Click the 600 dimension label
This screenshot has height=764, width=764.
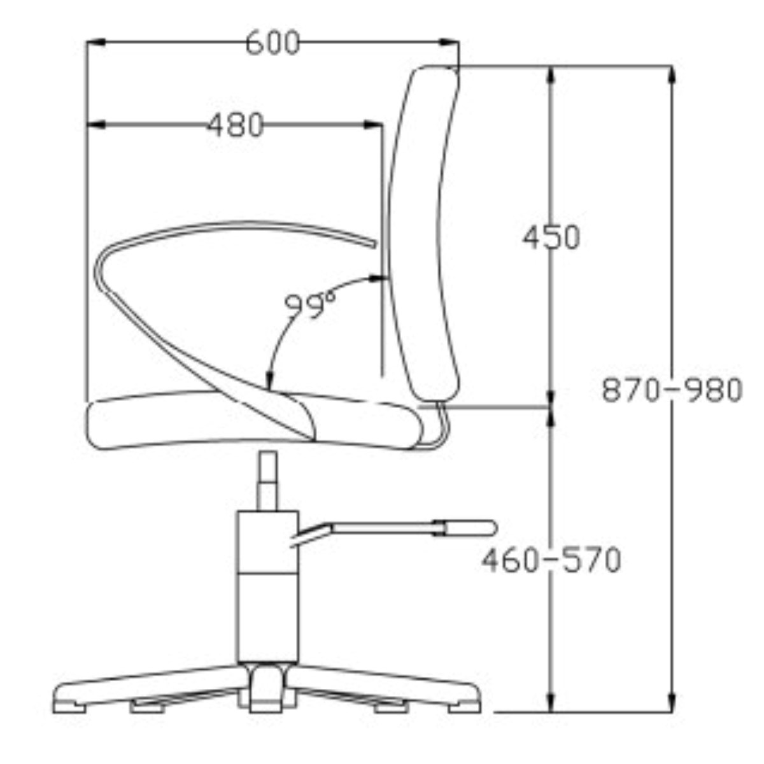(272, 43)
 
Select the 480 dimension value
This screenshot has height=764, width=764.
(236, 125)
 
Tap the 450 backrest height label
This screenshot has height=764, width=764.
(551, 238)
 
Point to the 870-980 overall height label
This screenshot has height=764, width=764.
(672, 390)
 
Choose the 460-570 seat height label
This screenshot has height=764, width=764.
(551, 560)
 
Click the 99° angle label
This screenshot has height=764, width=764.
(311, 306)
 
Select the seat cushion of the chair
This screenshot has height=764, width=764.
(254, 421)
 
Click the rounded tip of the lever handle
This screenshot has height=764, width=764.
(492, 528)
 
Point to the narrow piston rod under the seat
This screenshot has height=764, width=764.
(267, 481)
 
